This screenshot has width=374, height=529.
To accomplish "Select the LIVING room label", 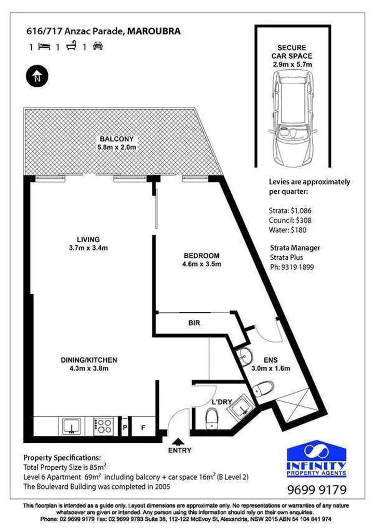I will [88, 239].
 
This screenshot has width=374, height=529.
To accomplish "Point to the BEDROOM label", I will [202, 256].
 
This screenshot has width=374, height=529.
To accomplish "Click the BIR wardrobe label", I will [194, 323].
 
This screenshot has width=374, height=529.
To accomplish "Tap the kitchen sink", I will [71, 427].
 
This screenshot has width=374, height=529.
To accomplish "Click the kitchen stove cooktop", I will [103, 426].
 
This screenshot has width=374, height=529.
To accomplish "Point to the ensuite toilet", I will [264, 388].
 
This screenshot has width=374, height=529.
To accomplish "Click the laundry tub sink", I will [239, 408].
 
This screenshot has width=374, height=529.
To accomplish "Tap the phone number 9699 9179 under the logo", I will [316, 490].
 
